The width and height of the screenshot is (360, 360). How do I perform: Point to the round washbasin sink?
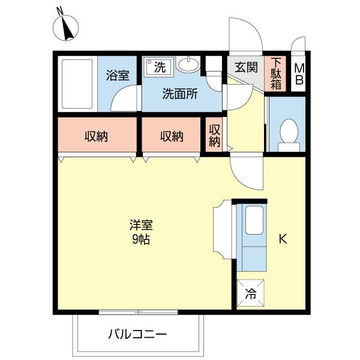(190, 64)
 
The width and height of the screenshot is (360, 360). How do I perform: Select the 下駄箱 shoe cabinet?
(276, 74)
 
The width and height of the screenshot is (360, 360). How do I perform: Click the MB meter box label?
(298, 74)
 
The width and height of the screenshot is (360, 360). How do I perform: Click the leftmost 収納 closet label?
(95, 136)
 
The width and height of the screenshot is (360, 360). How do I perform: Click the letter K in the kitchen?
(282, 239)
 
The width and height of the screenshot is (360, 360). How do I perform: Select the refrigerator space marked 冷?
(251, 294)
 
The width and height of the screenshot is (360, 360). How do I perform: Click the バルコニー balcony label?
(137, 334)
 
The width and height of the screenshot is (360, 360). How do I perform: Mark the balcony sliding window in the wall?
(138, 311)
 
